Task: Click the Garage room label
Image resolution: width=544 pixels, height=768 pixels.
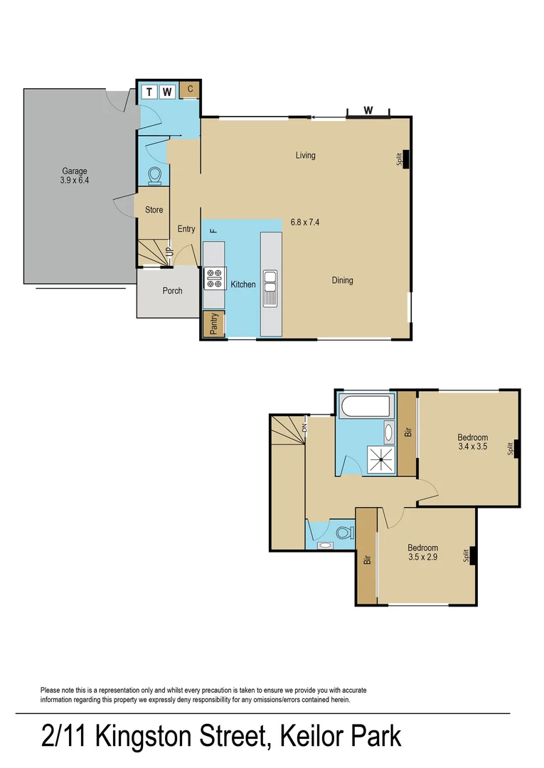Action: (x=74, y=171)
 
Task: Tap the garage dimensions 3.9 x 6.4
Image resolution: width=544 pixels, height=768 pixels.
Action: (x=74, y=180)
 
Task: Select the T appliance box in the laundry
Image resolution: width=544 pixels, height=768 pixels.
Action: (x=149, y=91)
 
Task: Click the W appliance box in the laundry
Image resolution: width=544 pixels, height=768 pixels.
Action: (x=167, y=91)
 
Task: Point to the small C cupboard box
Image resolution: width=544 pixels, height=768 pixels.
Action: (x=190, y=90)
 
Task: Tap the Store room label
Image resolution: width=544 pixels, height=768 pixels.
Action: (x=154, y=210)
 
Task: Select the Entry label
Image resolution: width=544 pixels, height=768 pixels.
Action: (x=186, y=229)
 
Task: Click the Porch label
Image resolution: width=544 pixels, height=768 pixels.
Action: (x=172, y=291)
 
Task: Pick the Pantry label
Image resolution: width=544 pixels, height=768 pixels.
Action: (x=213, y=324)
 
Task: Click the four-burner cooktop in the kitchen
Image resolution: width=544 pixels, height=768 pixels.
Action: (x=215, y=277)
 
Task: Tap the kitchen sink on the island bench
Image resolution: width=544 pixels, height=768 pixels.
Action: (x=271, y=287)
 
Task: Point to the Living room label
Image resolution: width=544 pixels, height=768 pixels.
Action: (x=306, y=155)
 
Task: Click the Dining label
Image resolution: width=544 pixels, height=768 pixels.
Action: (x=342, y=280)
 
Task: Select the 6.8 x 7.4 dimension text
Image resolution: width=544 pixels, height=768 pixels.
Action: (x=305, y=222)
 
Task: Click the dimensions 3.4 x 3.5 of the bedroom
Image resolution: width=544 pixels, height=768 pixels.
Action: (x=473, y=447)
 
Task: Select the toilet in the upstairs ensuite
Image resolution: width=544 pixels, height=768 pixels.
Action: (x=345, y=531)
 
